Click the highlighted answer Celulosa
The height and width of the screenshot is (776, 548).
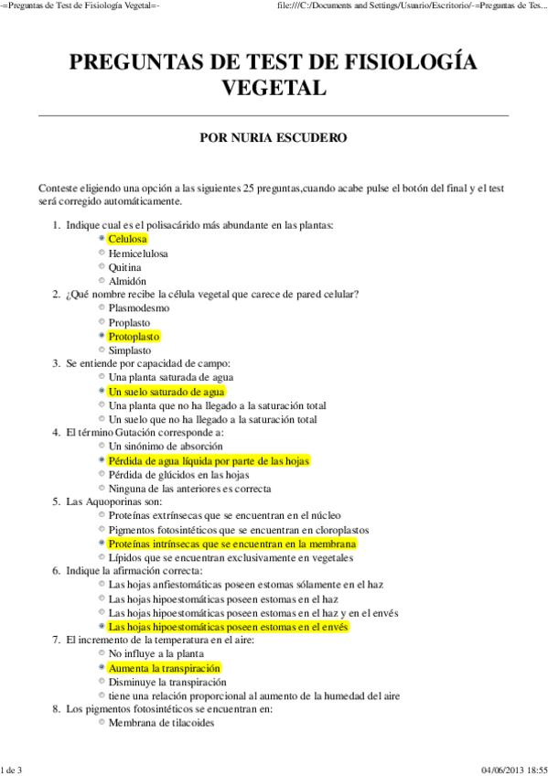(127, 239)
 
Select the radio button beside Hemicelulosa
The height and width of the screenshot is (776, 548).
(101, 253)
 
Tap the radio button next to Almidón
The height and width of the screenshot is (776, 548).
(101, 281)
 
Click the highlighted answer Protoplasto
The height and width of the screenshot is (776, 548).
(134, 337)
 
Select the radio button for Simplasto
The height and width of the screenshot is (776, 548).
(101, 350)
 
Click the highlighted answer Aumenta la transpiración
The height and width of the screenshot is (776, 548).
(164, 669)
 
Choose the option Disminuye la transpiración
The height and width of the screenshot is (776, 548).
(167, 683)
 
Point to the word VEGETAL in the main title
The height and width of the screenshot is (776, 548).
(274, 88)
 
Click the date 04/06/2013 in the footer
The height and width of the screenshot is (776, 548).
(498, 768)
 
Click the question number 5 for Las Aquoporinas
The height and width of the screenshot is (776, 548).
(56, 502)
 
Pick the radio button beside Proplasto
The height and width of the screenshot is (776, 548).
(101, 323)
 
